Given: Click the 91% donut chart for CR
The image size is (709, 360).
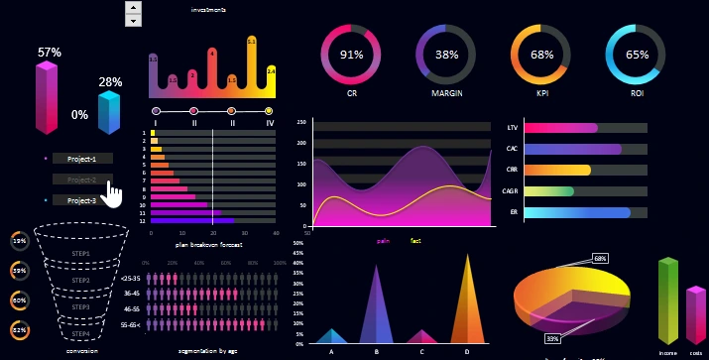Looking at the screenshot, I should coord(351,55).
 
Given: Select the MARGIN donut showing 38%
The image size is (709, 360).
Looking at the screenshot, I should coord(446,55).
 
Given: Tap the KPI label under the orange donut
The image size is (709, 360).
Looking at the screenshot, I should coord(541,93).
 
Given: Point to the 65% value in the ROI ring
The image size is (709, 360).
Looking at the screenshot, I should coord(638,56).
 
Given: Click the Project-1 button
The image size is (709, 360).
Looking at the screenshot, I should coord(82,159).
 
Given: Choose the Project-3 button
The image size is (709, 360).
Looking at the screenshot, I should coord(82,200).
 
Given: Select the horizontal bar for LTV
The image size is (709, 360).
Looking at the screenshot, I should coord(561,128).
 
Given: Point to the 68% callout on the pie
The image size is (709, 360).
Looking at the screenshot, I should coord(600,258).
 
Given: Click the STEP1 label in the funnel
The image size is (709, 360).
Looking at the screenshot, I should coord(81,254).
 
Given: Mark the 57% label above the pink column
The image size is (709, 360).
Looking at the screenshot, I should coord(50,52).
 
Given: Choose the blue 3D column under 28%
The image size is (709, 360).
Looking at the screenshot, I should coord(109,112).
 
